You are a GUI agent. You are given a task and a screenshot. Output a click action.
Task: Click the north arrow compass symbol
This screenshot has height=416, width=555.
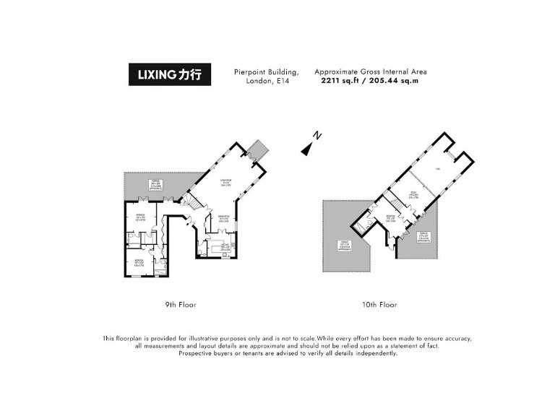click(x=311, y=144)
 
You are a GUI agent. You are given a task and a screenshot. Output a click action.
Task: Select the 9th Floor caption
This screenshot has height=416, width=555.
click(x=181, y=305)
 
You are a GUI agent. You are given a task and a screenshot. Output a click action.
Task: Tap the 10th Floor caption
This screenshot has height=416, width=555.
click(x=379, y=305)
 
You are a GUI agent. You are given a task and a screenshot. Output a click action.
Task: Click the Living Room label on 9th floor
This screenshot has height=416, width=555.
click(x=225, y=183)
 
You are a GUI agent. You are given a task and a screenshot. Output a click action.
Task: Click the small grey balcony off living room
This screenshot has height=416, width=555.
click(x=257, y=150)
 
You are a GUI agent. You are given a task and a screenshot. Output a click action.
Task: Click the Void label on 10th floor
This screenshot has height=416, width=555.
click(x=439, y=170)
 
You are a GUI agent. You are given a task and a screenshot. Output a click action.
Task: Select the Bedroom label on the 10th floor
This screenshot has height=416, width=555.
click(x=390, y=218)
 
